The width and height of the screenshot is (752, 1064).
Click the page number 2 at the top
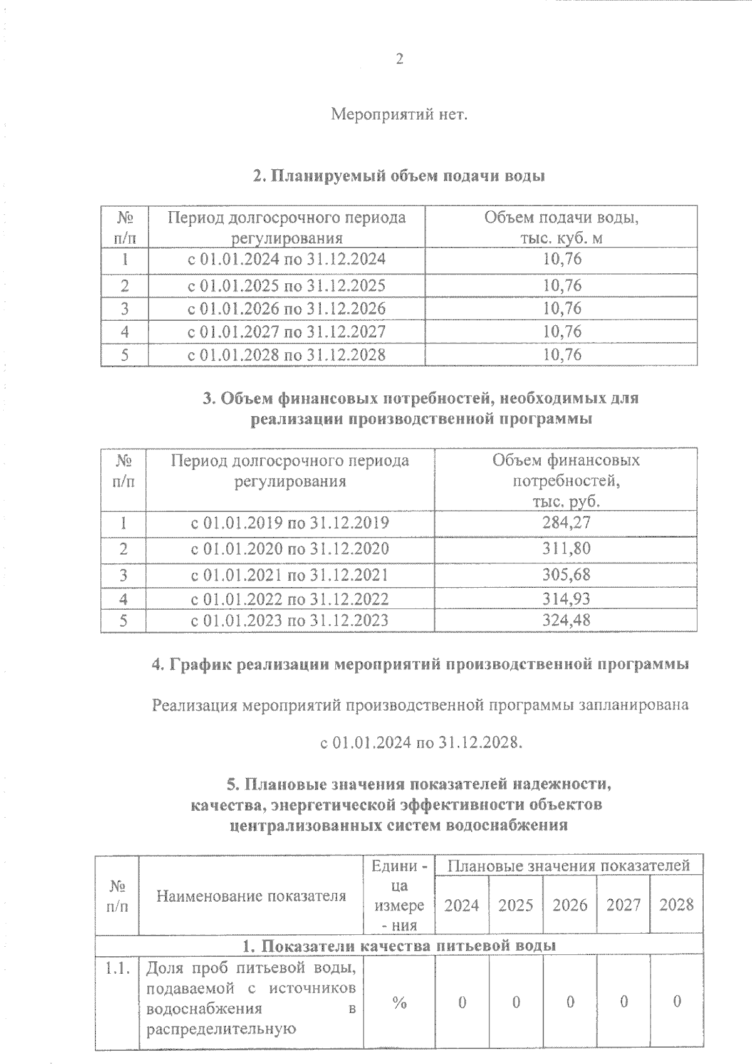pyautogui.click(x=399, y=60)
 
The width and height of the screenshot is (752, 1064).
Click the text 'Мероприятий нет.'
pyautogui.click(x=399, y=115)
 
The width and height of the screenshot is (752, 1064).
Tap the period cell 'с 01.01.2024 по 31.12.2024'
pyautogui.click(x=287, y=259)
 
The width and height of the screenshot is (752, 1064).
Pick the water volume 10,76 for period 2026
pyautogui.click(x=562, y=308)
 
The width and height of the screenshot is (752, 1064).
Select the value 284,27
pyautogui.click(x=566, y=522)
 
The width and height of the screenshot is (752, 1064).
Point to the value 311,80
pyautogui.click(x=566, y=548)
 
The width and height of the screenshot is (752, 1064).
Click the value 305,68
pyautogui.click(x=566, y=574)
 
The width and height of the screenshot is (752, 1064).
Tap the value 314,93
pyautogui.click(x=566, y=598)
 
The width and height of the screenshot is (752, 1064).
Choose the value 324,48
pyautogui.click(x=566, y=620)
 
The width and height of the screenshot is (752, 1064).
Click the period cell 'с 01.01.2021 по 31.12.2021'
pyautogui.click(x=290, y=575)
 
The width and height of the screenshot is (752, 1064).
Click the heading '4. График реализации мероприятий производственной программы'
pyautogui.click(x=420, y=664)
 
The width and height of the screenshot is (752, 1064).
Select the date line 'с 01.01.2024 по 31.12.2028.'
pyautogui.click(x=420, y=743)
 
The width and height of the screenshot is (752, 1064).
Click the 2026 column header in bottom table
pyautogui.click(x=570, y=905)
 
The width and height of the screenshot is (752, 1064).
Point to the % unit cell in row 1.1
pyautogui.click(x=399, y=1003)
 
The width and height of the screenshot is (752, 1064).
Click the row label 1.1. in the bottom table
pyautogui.click(x=117, y=969)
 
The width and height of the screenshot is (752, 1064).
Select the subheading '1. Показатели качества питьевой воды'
pyautogui.click(x=399, y=945)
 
